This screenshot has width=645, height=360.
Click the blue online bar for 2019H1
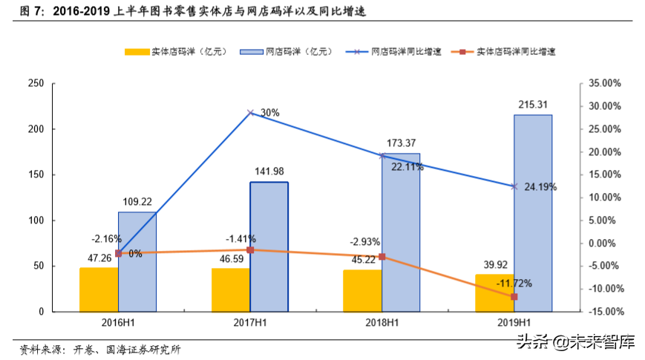coord(532,213)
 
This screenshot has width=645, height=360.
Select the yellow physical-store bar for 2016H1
coord(99,289)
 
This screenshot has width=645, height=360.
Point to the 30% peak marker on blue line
coord(250,113)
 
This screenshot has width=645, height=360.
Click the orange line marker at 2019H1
coord(514,297)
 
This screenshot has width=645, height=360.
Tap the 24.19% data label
coord(540,187)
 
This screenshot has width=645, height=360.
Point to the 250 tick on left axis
coord(36,83)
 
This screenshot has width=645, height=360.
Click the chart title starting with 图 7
coord(193,13)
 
